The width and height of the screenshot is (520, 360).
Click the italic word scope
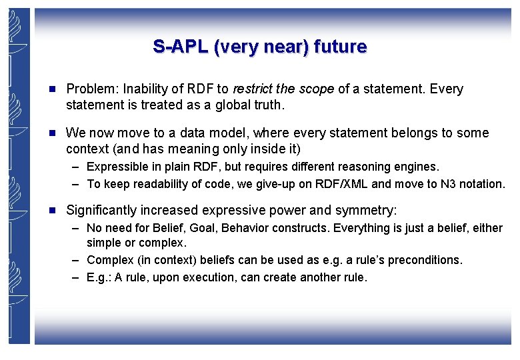point(316,89)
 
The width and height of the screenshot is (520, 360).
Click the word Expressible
point(116,167)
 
